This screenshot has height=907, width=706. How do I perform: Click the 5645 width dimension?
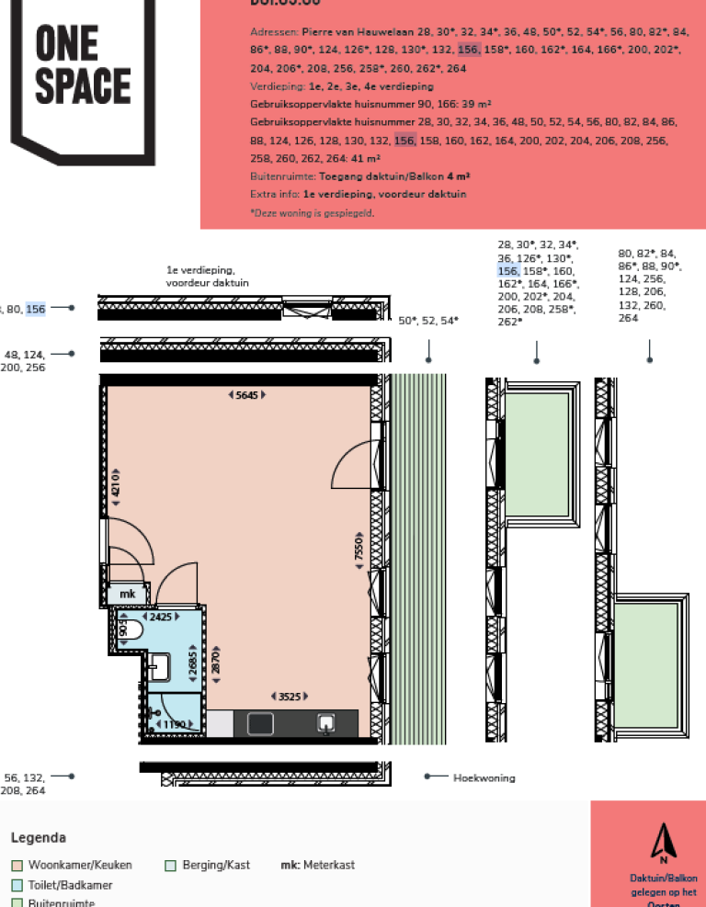pos(246,395)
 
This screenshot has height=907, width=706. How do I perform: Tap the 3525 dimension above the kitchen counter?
pos(290,696)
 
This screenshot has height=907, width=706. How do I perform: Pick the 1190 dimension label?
pos(173,725)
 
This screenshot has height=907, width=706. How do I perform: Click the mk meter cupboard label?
pos(127,595)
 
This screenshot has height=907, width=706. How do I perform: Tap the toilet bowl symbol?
pos(132,631)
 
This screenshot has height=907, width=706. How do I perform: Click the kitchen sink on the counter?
pos(325,723)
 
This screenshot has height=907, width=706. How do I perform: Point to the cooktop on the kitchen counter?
pos(260,724)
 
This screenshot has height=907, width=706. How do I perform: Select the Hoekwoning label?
pos(484,777)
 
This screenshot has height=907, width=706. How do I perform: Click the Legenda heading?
pos(38,837)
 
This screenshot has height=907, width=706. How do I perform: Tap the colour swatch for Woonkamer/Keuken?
pos(17,865)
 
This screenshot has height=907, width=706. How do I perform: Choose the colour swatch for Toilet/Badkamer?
pos(17,885)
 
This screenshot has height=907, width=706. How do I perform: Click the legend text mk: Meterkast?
pos(317,865)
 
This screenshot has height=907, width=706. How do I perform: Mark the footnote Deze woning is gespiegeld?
pos(312,212)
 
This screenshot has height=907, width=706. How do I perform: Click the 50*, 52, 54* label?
pos(427,321)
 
